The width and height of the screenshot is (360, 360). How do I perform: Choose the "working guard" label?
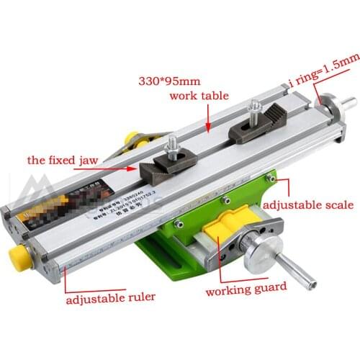(246, 289)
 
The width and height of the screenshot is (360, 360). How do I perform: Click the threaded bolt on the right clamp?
(253, 110)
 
